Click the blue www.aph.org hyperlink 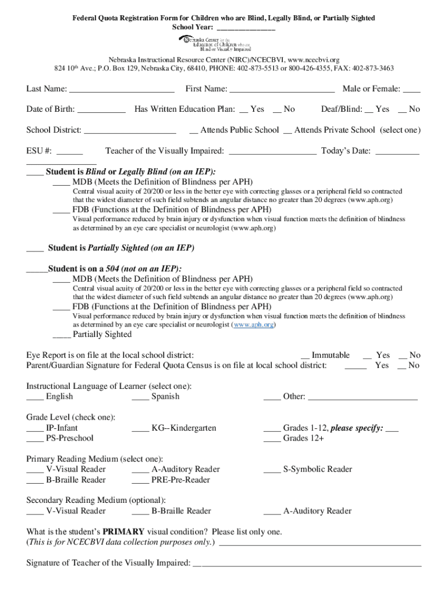[x=254, y=325]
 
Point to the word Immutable [x=330, y=355]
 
